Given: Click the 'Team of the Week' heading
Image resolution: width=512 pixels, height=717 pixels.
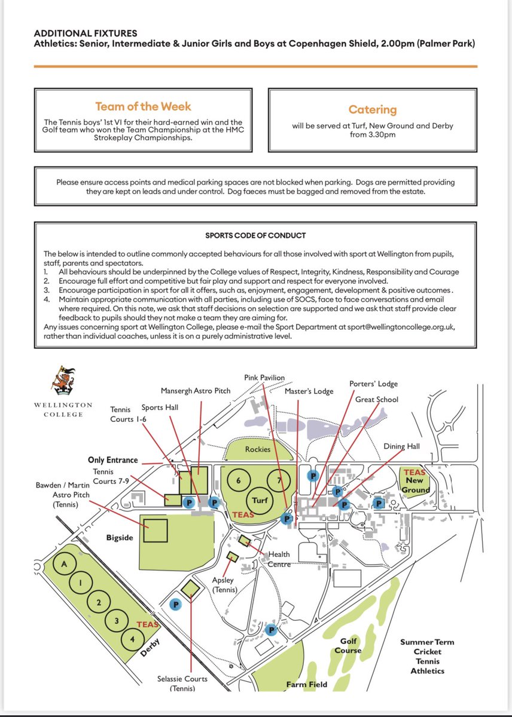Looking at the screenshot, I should pyautogui.click(x=143, y=107).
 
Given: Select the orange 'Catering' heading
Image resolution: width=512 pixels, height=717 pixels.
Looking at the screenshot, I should pyautogui.click(x=372, y=110).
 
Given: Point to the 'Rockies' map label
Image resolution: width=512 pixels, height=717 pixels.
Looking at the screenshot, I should pyautogui.click(x=258, y=449).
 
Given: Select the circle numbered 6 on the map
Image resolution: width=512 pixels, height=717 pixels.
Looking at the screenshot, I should pyautogui.click(x=239, y=481).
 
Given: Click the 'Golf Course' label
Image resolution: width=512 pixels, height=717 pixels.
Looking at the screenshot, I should pyautogui.click(x=348, y=645).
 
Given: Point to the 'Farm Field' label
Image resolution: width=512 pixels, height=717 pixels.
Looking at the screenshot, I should pyautogui.click(x=307, y=684).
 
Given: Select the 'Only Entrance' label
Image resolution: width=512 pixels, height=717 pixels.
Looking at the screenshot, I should pyautogui.click(x=112, y=460).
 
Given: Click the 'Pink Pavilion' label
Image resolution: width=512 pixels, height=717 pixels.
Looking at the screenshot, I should pyautogui.click(x=265, y=378).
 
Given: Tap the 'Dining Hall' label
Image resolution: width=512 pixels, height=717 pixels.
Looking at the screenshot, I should pyautogui.click(x=402, y=446).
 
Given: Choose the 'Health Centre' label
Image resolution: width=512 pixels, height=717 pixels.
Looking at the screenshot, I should pyautogui.click(x=279, y=559).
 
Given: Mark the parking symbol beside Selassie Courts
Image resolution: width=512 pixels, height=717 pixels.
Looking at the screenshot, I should pyautogui.click(x=176, y=604).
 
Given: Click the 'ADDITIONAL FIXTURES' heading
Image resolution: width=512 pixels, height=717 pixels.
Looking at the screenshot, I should pyautogui.click(x=86, y=33).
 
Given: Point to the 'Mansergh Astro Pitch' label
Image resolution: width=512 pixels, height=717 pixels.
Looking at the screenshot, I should pyautogui.click(x=195, y=391).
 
